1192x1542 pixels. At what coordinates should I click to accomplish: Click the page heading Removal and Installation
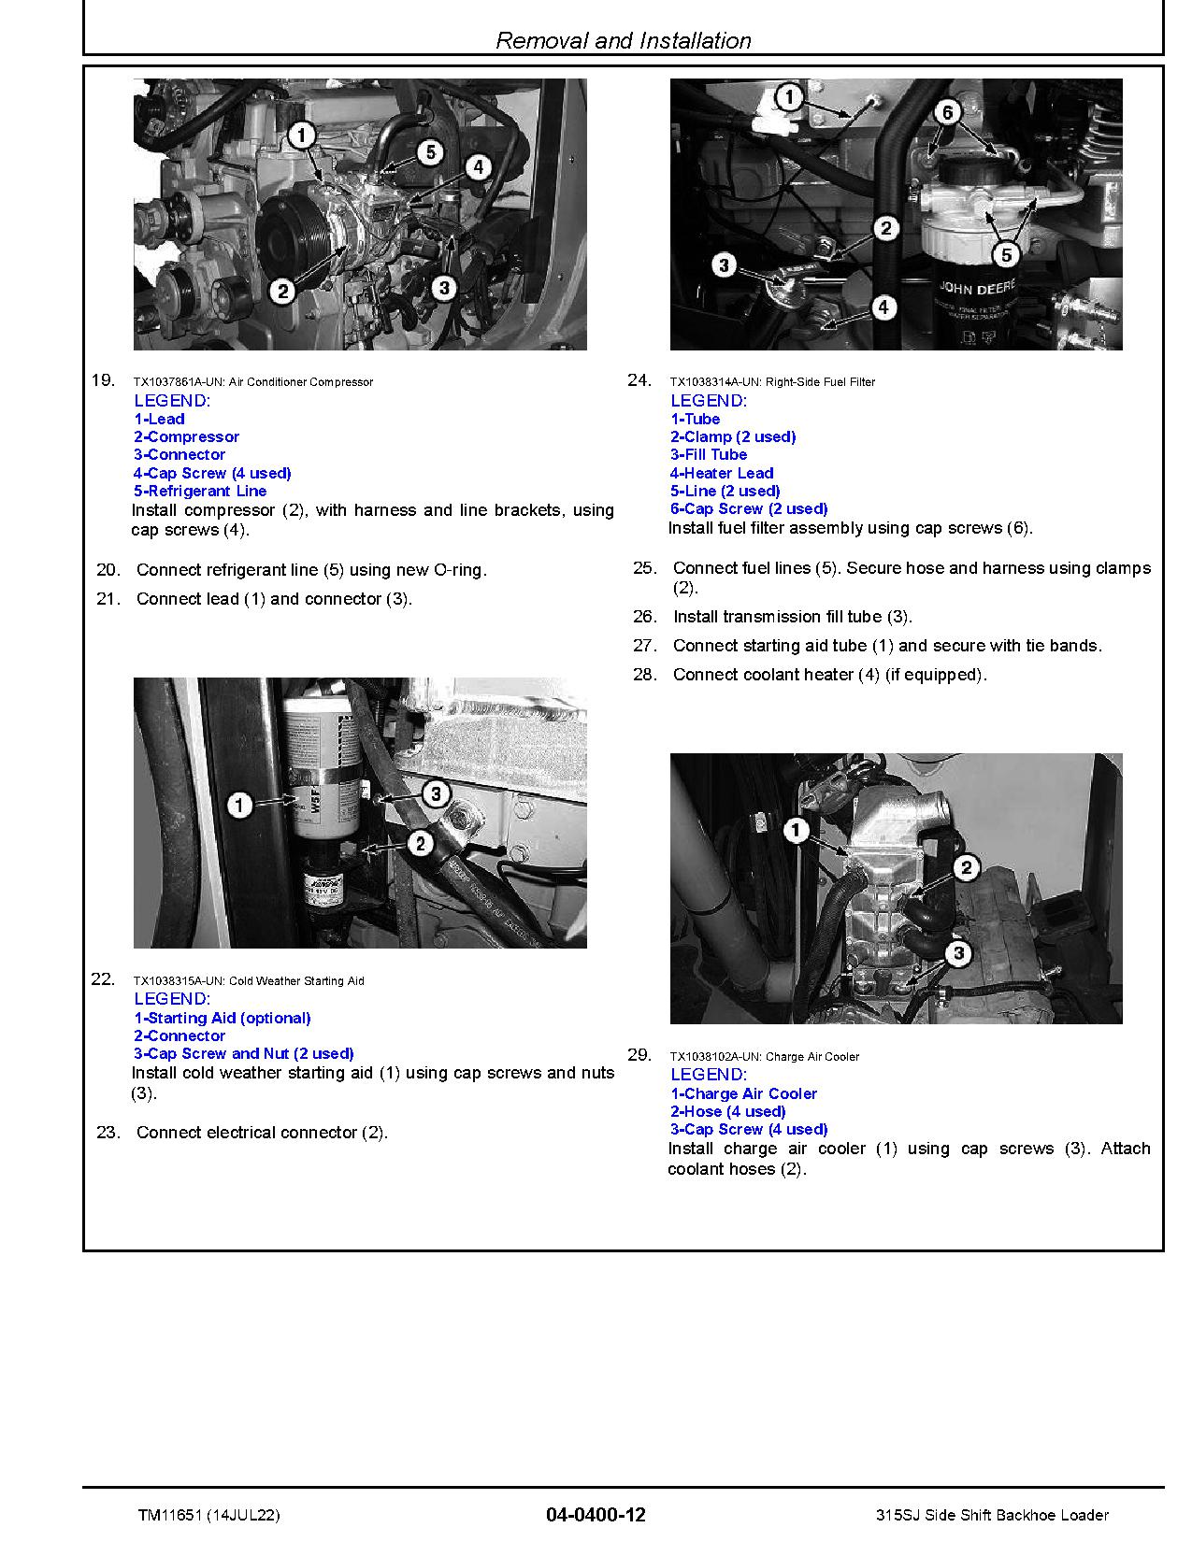(x=623, y=40)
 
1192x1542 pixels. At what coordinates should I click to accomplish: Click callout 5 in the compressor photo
(x=429, y=152)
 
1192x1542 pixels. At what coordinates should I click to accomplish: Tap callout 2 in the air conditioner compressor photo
(x=282, y=292)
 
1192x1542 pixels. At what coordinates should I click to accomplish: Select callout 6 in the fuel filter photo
(x=947, y=113)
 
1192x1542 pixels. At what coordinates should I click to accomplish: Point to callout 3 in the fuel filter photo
(x=724, y=265)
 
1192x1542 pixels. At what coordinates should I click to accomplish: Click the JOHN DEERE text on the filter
(x=976, y=289)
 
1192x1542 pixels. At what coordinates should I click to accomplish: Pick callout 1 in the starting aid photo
(x=240, y=804)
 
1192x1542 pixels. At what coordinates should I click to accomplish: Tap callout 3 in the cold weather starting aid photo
(x=436, y=795)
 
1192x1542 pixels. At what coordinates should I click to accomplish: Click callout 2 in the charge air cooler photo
(x=967, y=868)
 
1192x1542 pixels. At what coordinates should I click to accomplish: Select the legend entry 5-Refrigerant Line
(x=200, y=491)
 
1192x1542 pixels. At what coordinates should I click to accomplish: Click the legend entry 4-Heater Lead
(x=722, y=473)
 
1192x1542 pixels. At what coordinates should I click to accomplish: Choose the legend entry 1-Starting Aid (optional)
(x=223, y=1018)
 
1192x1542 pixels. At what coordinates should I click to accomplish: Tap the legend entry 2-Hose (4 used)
(x=727, y=1111)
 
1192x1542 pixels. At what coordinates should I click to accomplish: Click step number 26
(x=645, y=616)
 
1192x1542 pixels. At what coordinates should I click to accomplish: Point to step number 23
(x=108, y=1132)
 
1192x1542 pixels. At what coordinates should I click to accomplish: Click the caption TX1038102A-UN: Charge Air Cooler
(x=764, y=1056)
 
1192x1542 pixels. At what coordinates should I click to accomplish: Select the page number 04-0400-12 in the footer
(x=596, y=1515)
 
